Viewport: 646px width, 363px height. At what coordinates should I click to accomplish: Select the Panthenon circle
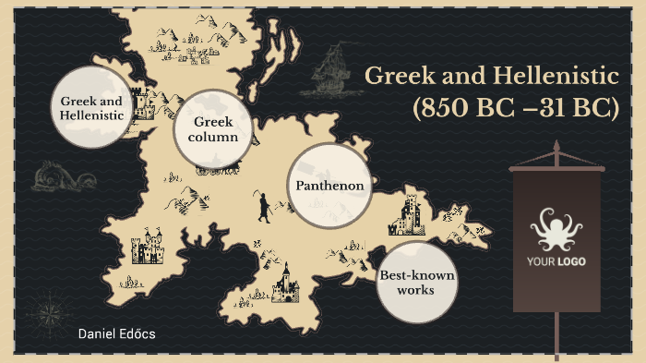tap(329, 186)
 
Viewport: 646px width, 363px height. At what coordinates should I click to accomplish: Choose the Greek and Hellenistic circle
tap(91, 108)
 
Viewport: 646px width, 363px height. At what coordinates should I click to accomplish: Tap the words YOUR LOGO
tap(556, 261)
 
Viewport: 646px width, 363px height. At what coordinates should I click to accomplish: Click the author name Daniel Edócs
tap(117, 333)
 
